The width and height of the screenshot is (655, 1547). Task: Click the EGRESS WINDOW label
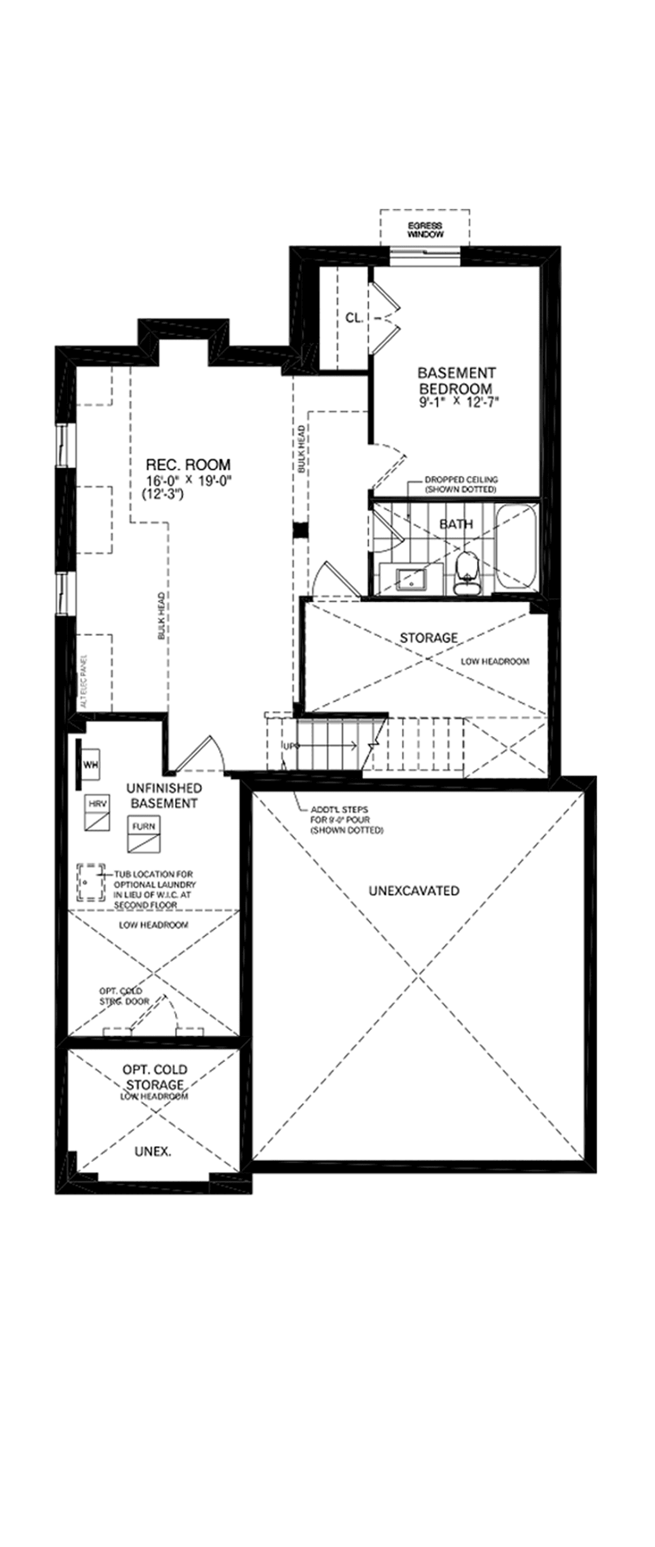425,230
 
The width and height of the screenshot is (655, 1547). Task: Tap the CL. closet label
354,318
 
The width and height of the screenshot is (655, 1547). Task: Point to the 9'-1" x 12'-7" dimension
460,401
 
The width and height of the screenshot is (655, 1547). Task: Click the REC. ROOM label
188,464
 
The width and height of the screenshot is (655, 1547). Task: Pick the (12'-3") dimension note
162,495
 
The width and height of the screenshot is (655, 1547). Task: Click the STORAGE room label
429,637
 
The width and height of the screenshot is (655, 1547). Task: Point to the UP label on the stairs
289,746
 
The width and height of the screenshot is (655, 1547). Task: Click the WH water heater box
90,765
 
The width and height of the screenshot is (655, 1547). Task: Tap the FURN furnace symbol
144,835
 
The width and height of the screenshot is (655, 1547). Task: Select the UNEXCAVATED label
413,891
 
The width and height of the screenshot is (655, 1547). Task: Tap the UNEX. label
152,1152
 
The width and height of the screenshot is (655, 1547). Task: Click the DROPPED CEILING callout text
461,484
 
